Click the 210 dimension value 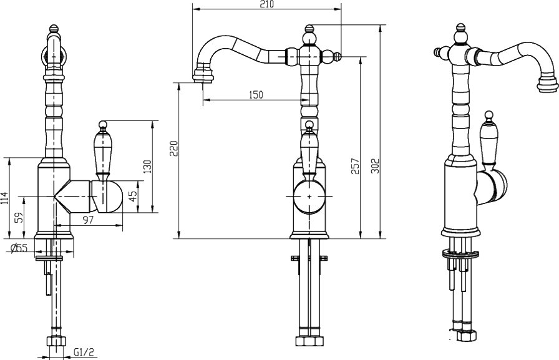tap(268, 4)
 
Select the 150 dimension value tap(256, 95)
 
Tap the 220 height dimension tap(173, 148)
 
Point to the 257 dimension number tap(356, 166)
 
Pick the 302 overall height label tap(376, 166)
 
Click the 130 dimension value tap(147, 167)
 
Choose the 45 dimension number tap(133, 197)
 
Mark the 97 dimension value tap(88, 220)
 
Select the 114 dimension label tap(4, 198)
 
